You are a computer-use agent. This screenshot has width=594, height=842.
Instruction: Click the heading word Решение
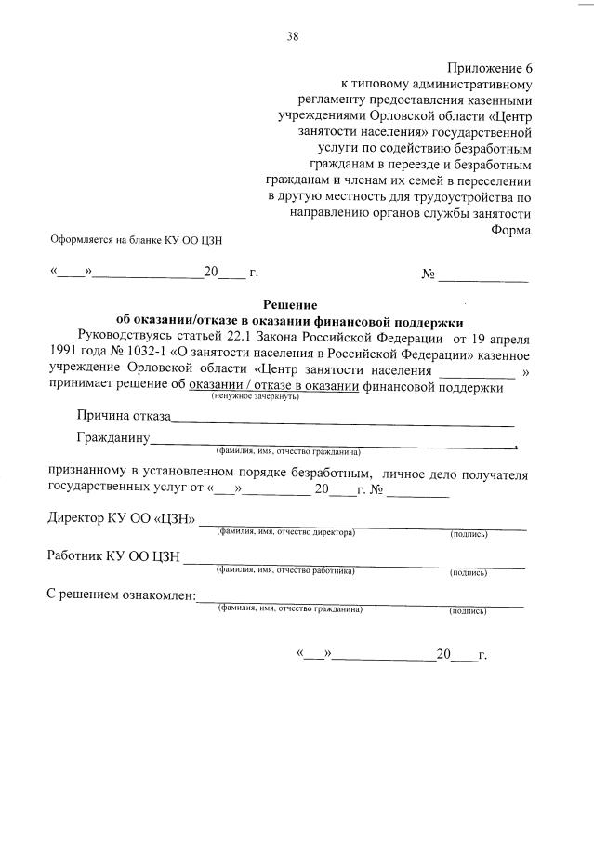290,304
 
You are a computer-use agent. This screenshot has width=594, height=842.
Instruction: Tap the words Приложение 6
490,68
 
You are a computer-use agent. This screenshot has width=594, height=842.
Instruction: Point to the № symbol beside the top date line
429,274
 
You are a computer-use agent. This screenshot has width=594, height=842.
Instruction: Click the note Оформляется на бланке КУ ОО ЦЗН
136,239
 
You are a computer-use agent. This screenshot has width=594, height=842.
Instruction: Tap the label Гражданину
113,437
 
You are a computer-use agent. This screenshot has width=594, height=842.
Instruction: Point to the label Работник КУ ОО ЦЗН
114,557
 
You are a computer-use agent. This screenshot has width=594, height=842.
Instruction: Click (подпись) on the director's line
469,534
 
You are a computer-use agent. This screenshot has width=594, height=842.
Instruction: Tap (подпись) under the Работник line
468,572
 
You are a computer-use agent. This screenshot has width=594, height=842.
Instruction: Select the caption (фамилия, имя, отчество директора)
285,532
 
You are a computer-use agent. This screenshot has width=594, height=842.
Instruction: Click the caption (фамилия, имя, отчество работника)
285,570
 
